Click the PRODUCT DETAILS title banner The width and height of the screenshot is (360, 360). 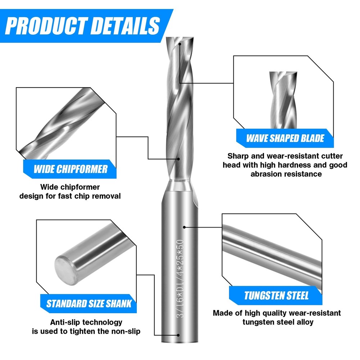coord(83,24)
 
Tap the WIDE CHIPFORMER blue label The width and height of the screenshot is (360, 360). coord(70,168)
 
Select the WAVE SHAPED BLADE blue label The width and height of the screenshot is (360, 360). coord(285,138)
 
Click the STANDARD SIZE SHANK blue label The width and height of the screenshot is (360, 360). coord(89,303)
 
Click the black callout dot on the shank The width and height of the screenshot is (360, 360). coord(184,227)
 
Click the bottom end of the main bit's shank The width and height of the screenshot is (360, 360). coord(179,340)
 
